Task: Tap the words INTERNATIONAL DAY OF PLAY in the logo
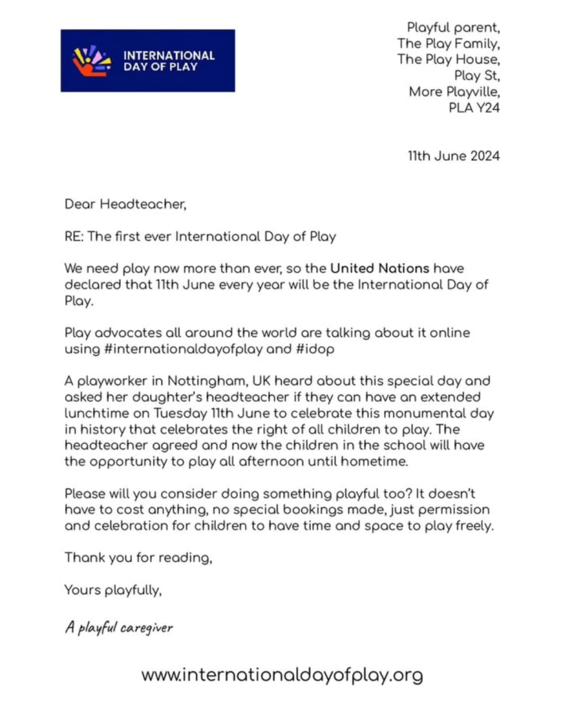pos(169,61)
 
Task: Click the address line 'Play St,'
pos(477,75)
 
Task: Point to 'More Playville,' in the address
pos(454,91)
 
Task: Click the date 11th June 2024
pos(453,156)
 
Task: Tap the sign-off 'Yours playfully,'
pos(113,590)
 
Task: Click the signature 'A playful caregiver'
pos(118,627)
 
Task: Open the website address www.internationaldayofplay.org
pos(282,675)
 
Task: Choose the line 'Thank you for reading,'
pos(138,558)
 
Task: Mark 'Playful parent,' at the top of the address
pos(452,28)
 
